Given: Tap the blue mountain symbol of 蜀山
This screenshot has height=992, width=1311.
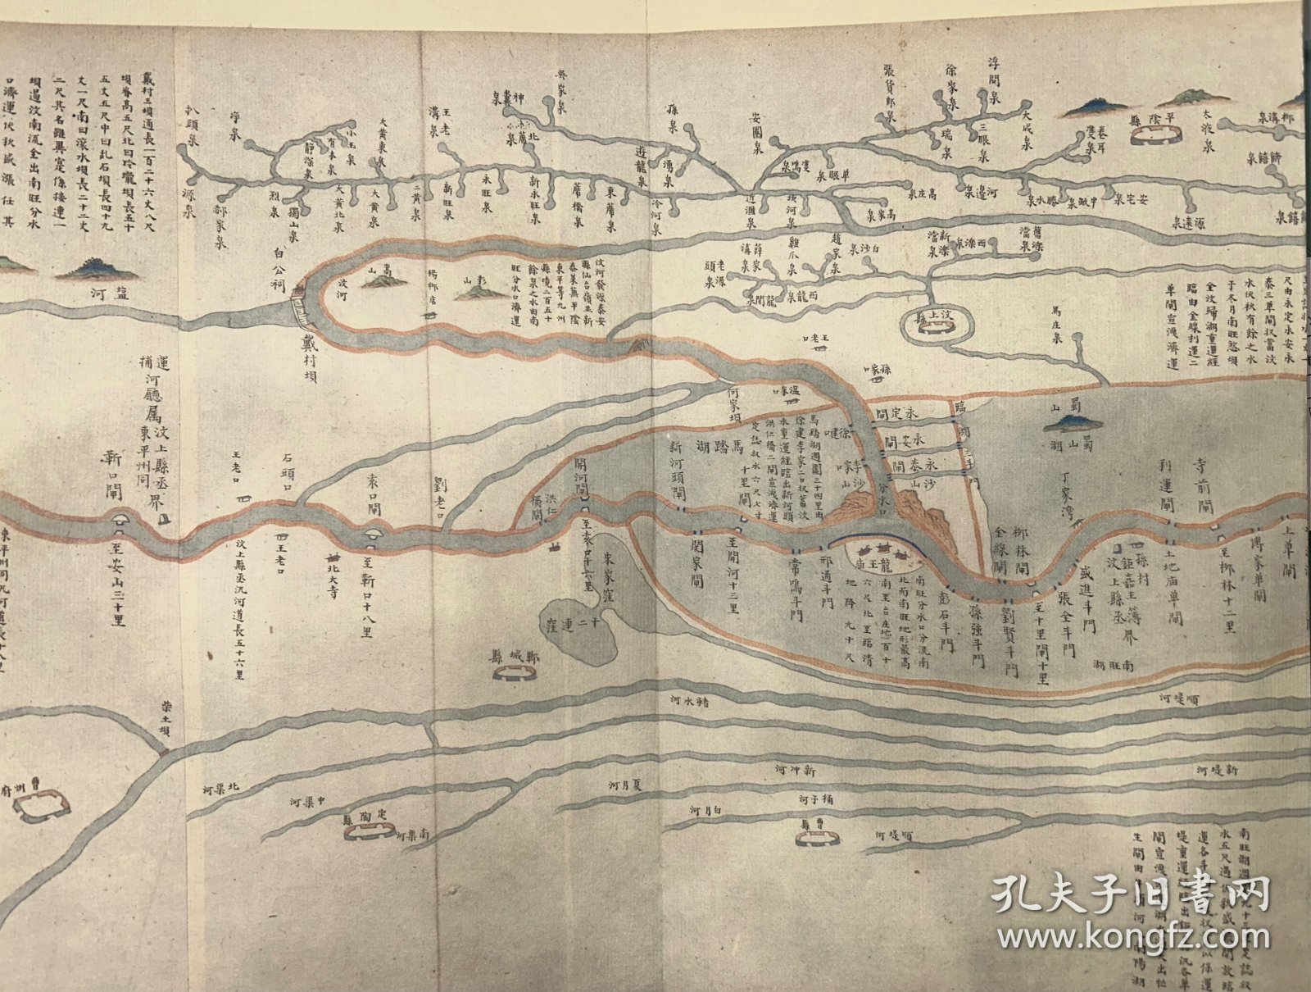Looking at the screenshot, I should coord(1071,421).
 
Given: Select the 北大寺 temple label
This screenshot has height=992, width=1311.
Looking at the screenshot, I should coord(331,566).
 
